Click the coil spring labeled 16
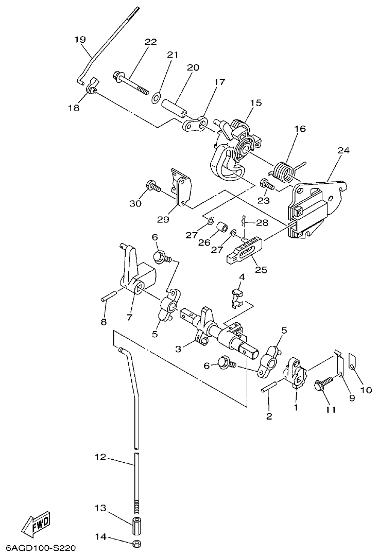pos(282,171)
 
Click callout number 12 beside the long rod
pos(100,457)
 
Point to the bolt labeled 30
pos(153,186)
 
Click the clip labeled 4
pos(236,297)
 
